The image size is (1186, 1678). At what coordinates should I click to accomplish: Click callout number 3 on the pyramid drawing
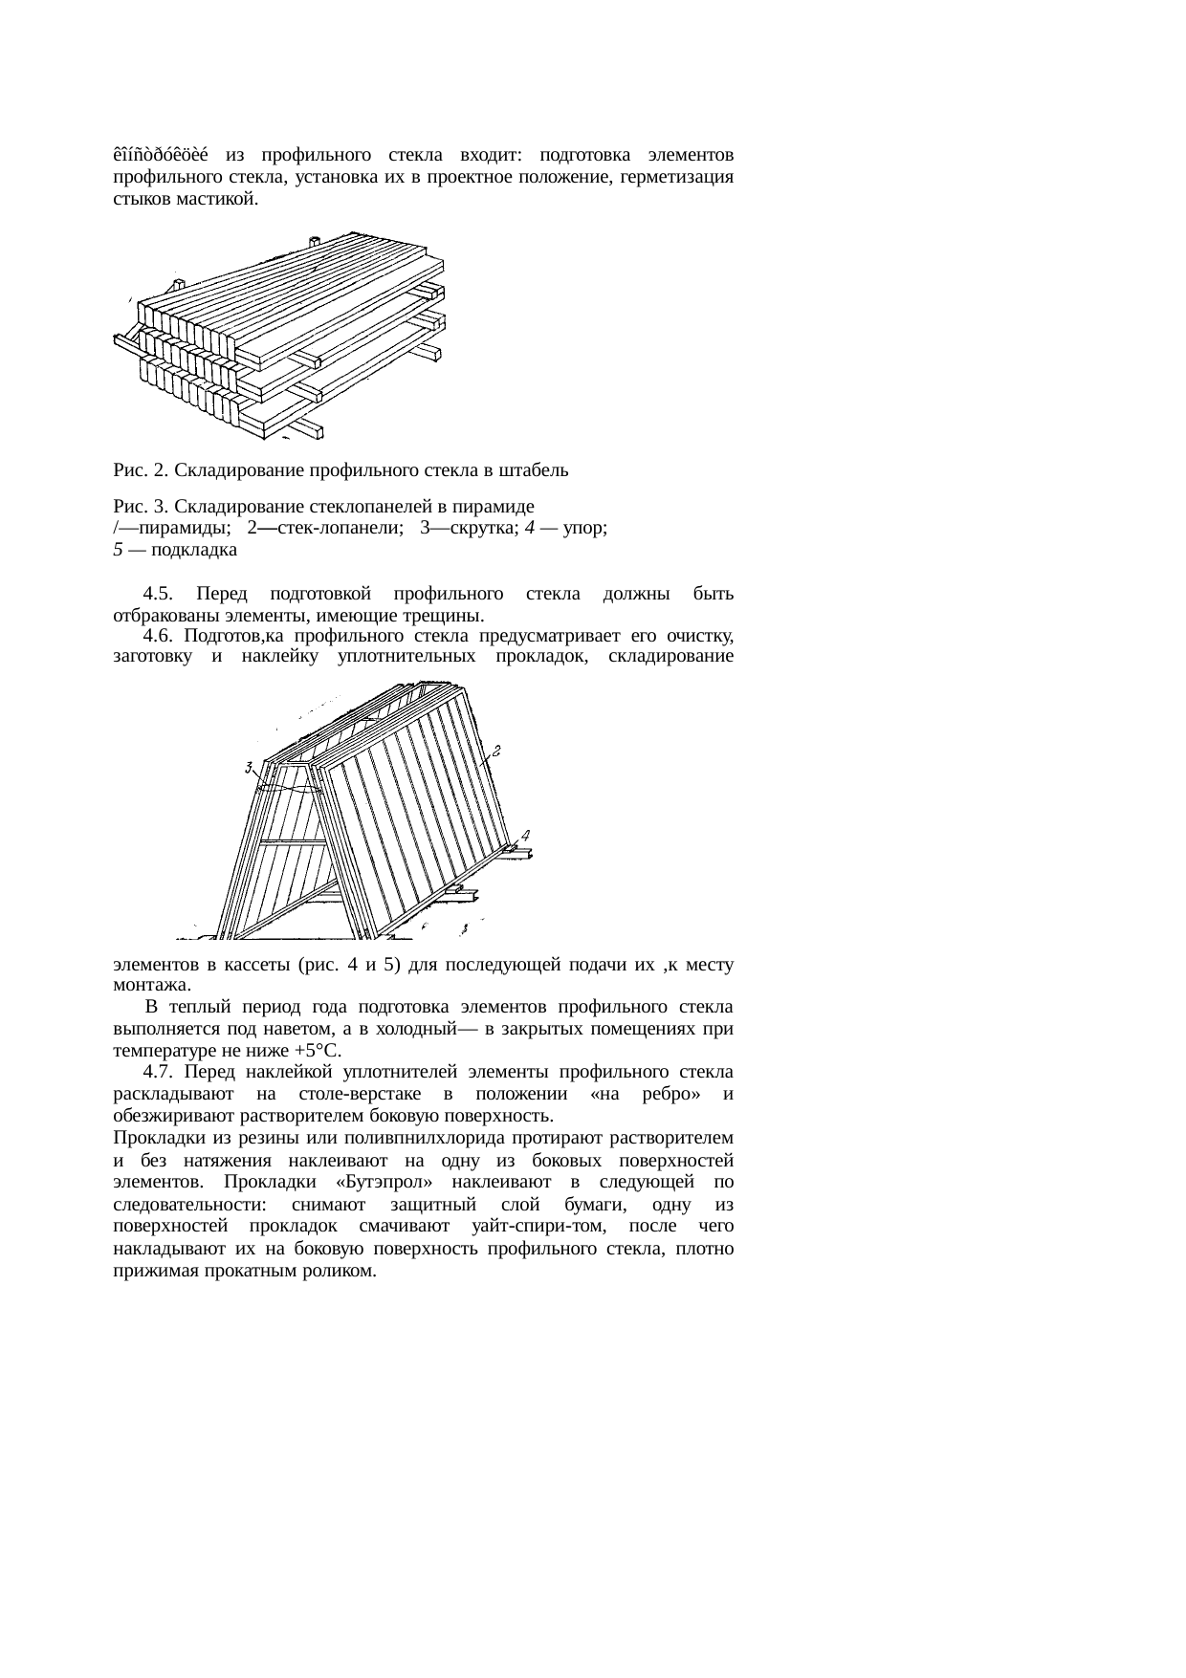click(248, 767)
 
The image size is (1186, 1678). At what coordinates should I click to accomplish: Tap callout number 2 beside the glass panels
click(496, 750)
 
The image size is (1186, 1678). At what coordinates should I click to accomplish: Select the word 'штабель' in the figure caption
click(537, 470)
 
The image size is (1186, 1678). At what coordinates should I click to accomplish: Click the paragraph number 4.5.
click(158, 595)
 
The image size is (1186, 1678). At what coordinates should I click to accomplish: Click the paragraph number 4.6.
click(158, 636)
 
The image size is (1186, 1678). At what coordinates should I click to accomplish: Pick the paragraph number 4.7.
click(158, 1070)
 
